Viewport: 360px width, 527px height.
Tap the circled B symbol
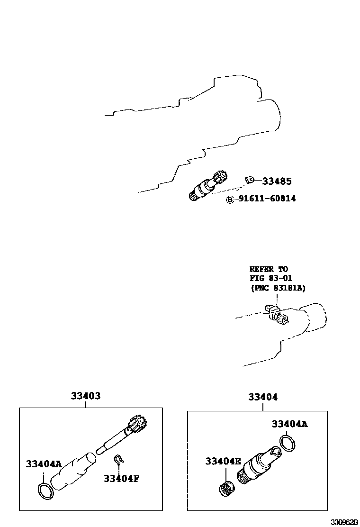(x=230, y=200)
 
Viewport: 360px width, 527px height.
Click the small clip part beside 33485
(x=249, y=180)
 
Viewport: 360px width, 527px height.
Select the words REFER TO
(x=269, y=269)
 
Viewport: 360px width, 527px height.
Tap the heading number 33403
(x=86, y=396)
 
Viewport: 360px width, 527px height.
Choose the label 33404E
(x=224, y=461)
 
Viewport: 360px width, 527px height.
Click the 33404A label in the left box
(x=44, y=464)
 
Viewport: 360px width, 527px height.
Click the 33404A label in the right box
(x=289, y=424)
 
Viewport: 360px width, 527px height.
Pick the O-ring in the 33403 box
(x=45, y=491)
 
